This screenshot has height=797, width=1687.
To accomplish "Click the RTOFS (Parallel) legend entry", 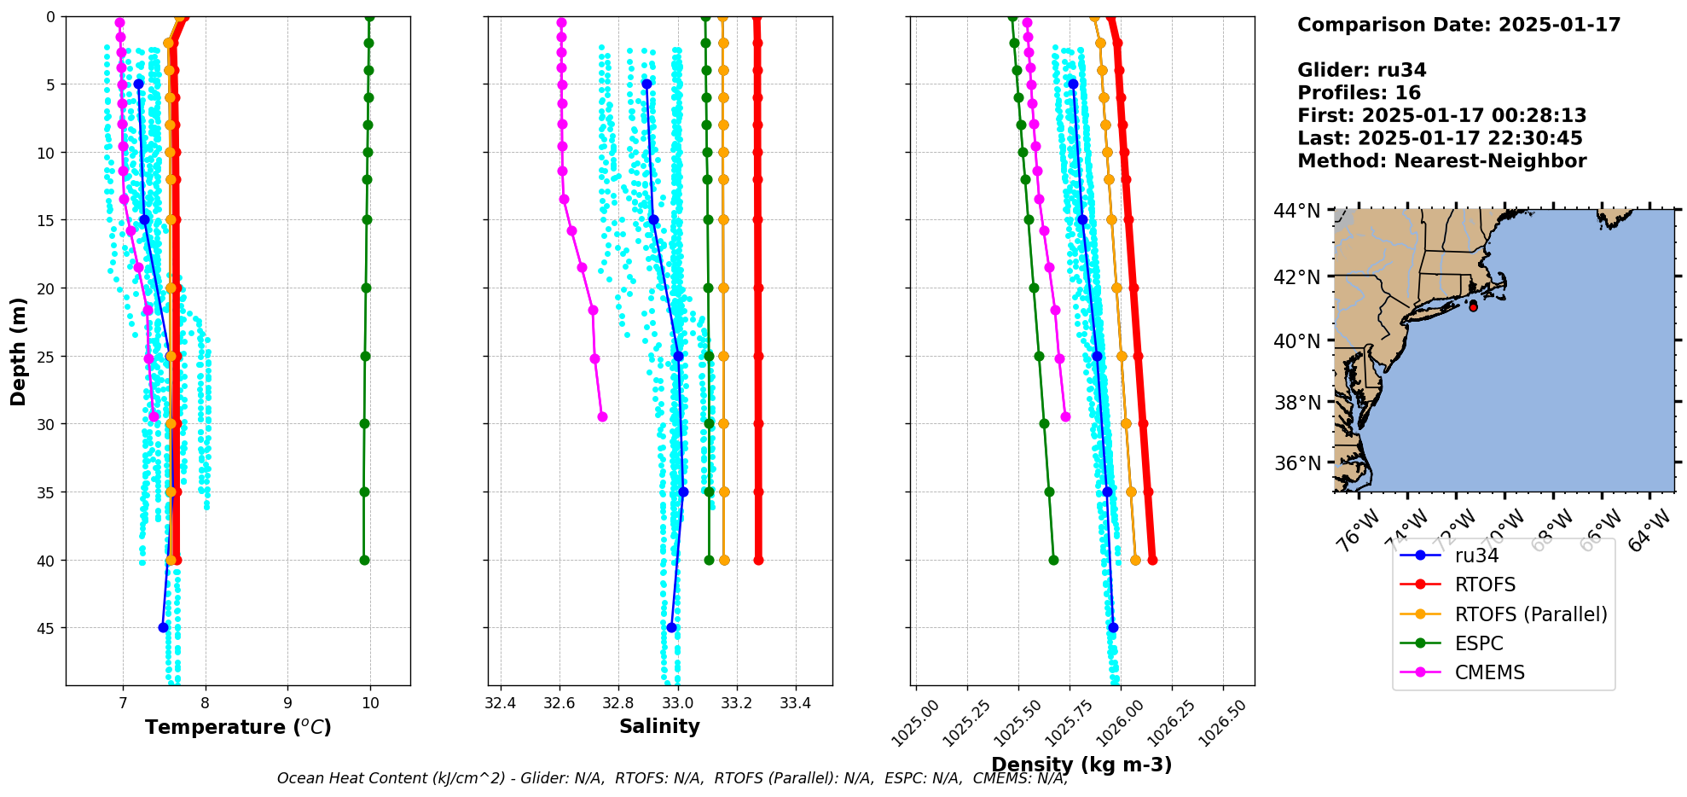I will (x=1530, y=614).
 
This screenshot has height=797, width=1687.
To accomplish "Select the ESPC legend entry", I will (x=1479, y=643).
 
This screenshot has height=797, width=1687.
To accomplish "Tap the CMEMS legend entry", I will (x=1489, y=672).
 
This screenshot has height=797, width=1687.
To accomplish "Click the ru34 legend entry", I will (x=1476, y=556).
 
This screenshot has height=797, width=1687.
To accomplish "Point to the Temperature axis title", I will (x=238, y=727).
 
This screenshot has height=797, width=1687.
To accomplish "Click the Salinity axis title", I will (x=659, y=726).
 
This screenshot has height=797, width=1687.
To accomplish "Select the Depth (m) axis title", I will (x=19, y=351).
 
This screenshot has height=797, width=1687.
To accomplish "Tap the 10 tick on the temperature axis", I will (x=370, y=703).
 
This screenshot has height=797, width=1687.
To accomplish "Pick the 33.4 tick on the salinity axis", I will (x=796, y=703).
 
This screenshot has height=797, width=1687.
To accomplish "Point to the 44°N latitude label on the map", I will (x=1296, y=210).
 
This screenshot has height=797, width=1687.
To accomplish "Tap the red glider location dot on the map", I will (x=1473, y=307).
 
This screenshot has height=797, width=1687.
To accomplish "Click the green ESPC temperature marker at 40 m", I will (x=364, y=560).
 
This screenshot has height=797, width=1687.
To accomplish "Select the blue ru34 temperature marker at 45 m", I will (x=163, y=627).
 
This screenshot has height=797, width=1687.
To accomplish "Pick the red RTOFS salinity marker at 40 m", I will (x=758, y=560).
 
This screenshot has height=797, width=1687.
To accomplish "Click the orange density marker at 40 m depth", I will (x=1135, y=560).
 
